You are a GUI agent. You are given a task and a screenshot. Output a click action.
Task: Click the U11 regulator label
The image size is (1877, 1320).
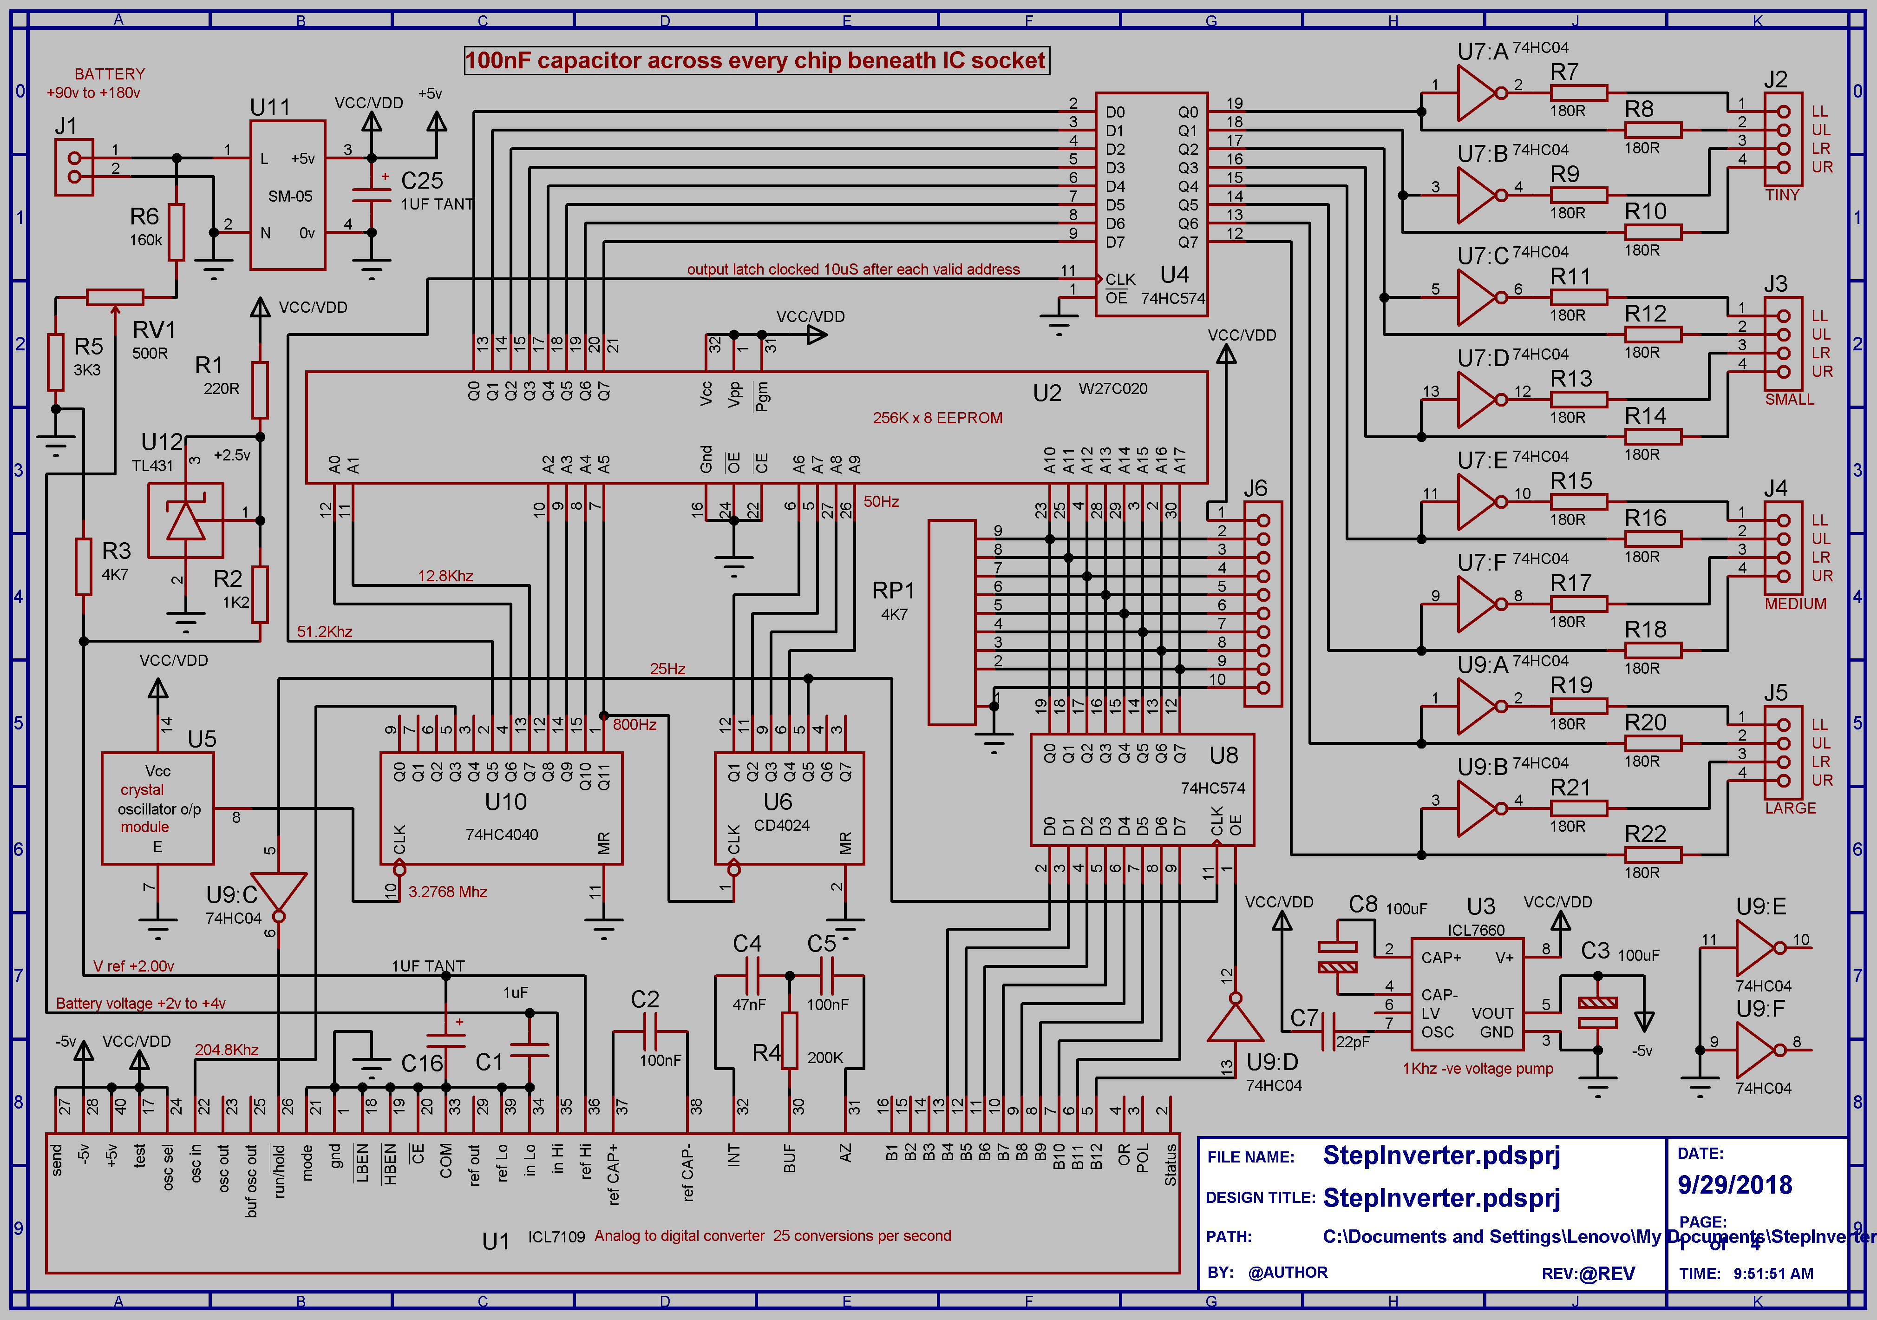pos(270,107)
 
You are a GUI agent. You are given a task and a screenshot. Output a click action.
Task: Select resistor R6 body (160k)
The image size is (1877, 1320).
pos(177,231)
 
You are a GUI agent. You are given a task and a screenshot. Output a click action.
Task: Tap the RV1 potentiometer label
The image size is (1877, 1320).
pos(154,329)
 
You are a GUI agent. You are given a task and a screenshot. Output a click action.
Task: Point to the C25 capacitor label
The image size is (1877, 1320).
pos(422,180)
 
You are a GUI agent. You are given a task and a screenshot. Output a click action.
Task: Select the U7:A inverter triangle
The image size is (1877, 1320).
pos(1477,93)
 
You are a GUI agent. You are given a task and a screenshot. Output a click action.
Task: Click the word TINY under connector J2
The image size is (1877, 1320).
pos(1782,195)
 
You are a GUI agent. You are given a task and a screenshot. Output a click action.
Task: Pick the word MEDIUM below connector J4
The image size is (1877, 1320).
pos(1795,604)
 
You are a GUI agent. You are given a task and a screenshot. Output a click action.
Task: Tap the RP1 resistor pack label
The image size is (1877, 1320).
pos(893,590)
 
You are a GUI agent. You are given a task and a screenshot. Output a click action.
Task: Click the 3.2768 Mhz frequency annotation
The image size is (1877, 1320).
pos(447,892)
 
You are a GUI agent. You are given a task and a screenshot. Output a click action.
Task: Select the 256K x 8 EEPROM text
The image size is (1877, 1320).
pos(937,417)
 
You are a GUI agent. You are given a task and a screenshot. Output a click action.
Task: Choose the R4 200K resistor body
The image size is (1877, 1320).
pos(789,1040)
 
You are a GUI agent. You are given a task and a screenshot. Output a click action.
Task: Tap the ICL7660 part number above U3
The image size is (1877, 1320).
pos(1476,930)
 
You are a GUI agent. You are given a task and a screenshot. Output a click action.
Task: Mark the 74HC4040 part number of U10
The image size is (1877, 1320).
pos(502,834)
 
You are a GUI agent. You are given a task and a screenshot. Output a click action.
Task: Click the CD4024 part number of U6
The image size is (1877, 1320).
pos(782,825)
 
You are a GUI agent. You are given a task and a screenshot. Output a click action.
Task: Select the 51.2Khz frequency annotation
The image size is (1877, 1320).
pos(325,631)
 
